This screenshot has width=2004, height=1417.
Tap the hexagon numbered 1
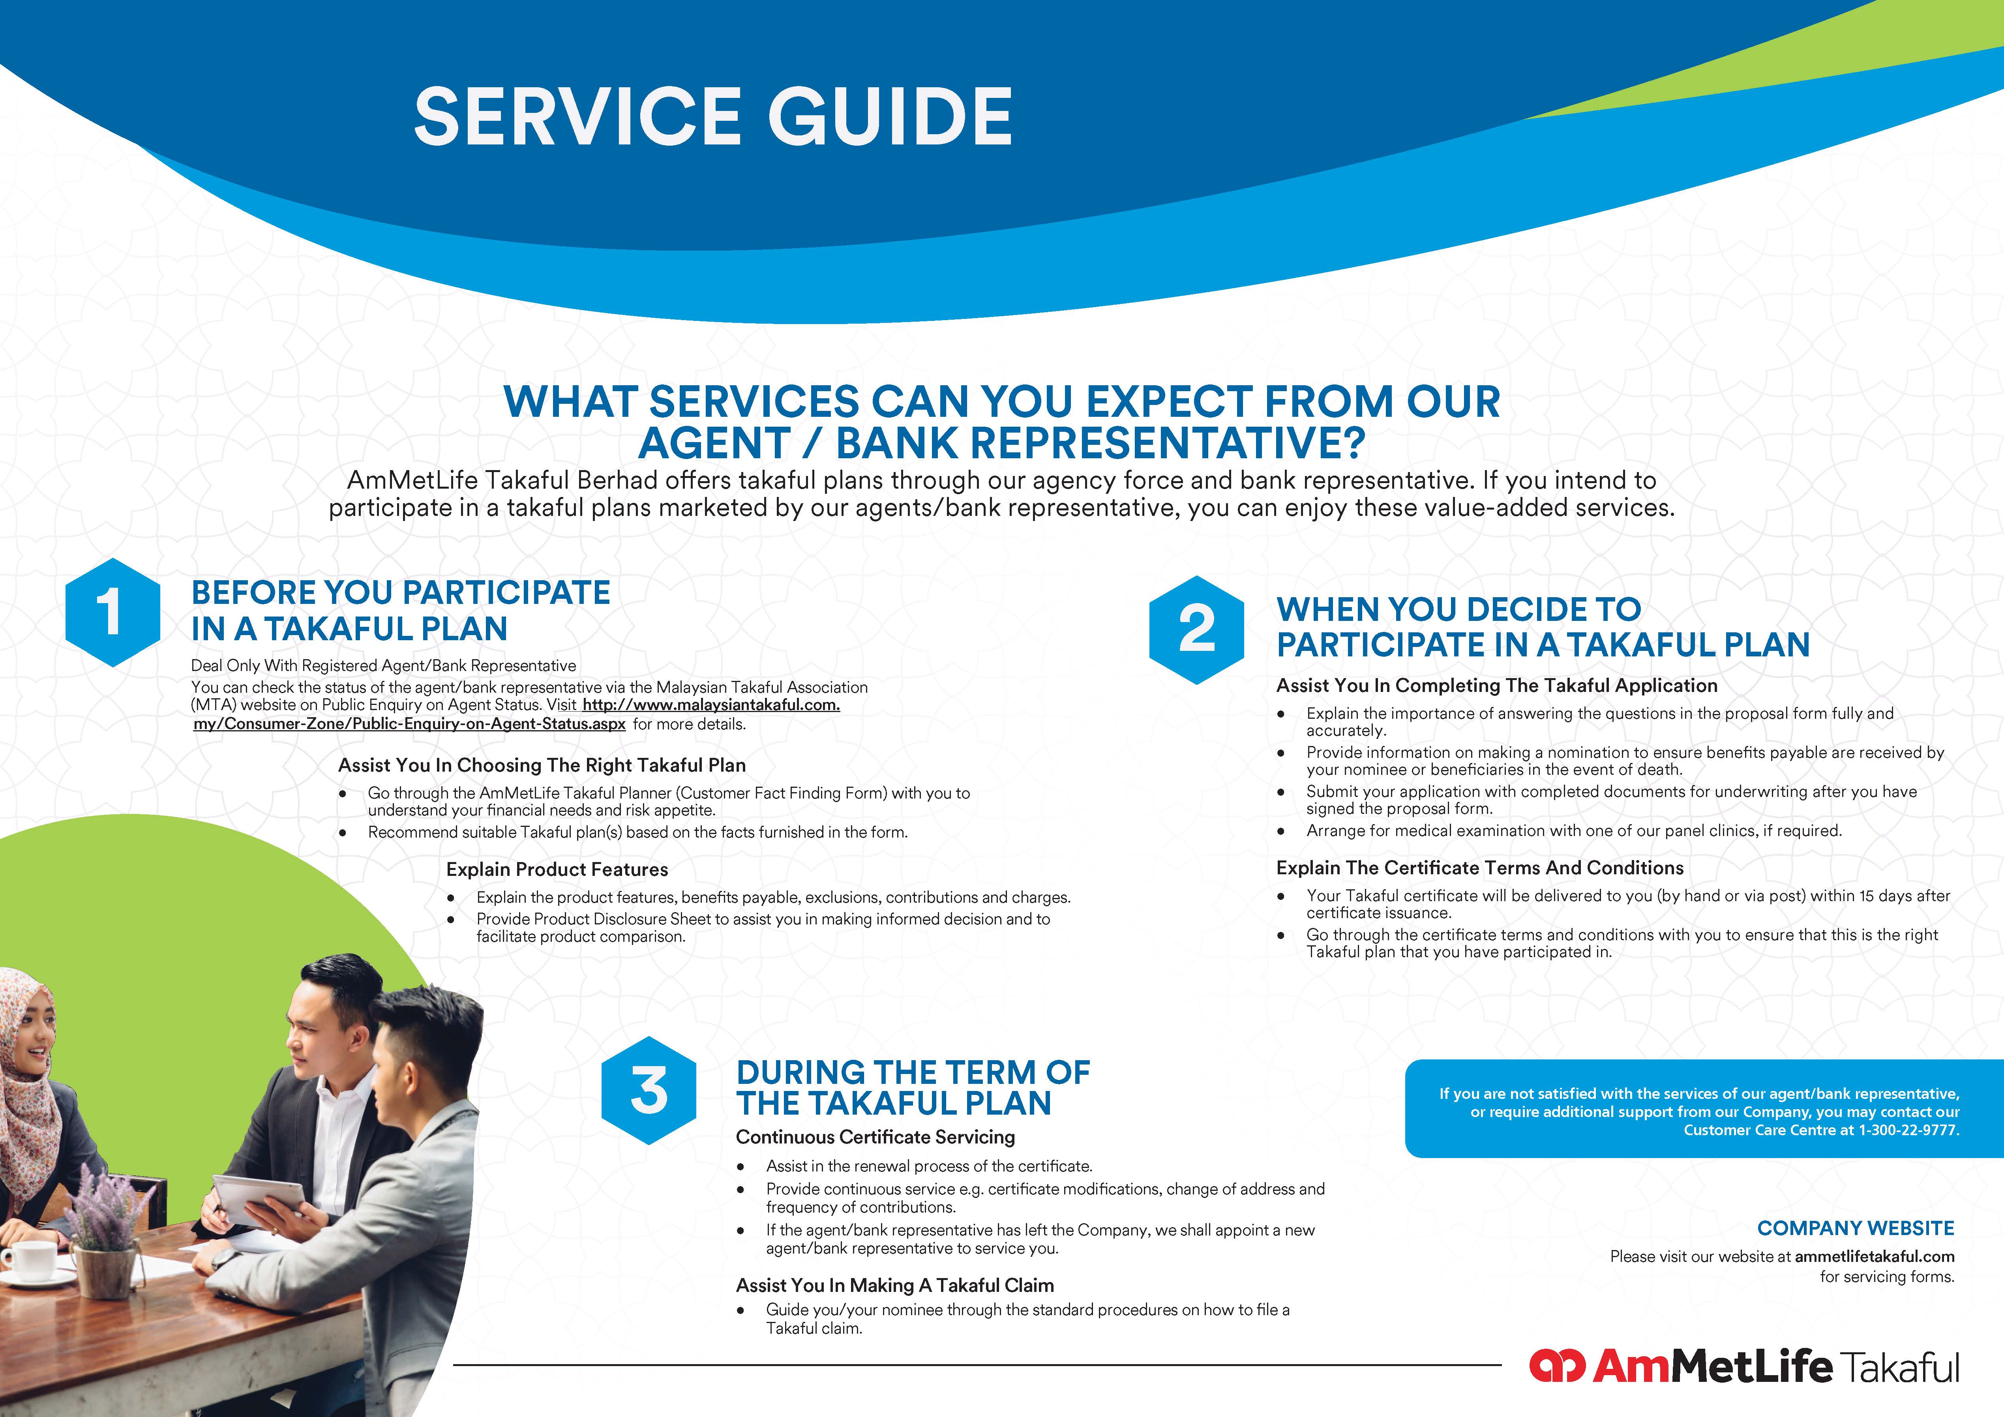point(112,613)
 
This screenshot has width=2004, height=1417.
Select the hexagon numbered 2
point(1197,629)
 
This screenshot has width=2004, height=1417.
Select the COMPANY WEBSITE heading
point(1856,1228)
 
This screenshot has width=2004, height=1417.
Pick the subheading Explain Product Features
point(557,869)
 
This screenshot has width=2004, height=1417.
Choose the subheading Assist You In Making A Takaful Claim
point(895,1285)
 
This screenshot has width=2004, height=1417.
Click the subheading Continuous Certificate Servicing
point(875,1137)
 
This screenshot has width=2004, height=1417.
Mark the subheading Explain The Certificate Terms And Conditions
point(1479,867)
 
